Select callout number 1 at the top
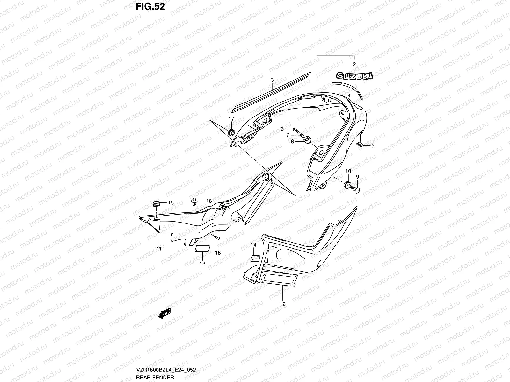[x=335, y=41]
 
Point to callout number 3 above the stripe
[x=272, y=80]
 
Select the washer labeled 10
[x=347, y=185]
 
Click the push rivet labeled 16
[x=194, y=201]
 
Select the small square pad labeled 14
[x=255, y=258]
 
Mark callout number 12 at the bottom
[x=282, y=304]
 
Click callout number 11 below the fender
[x=159, y=248]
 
